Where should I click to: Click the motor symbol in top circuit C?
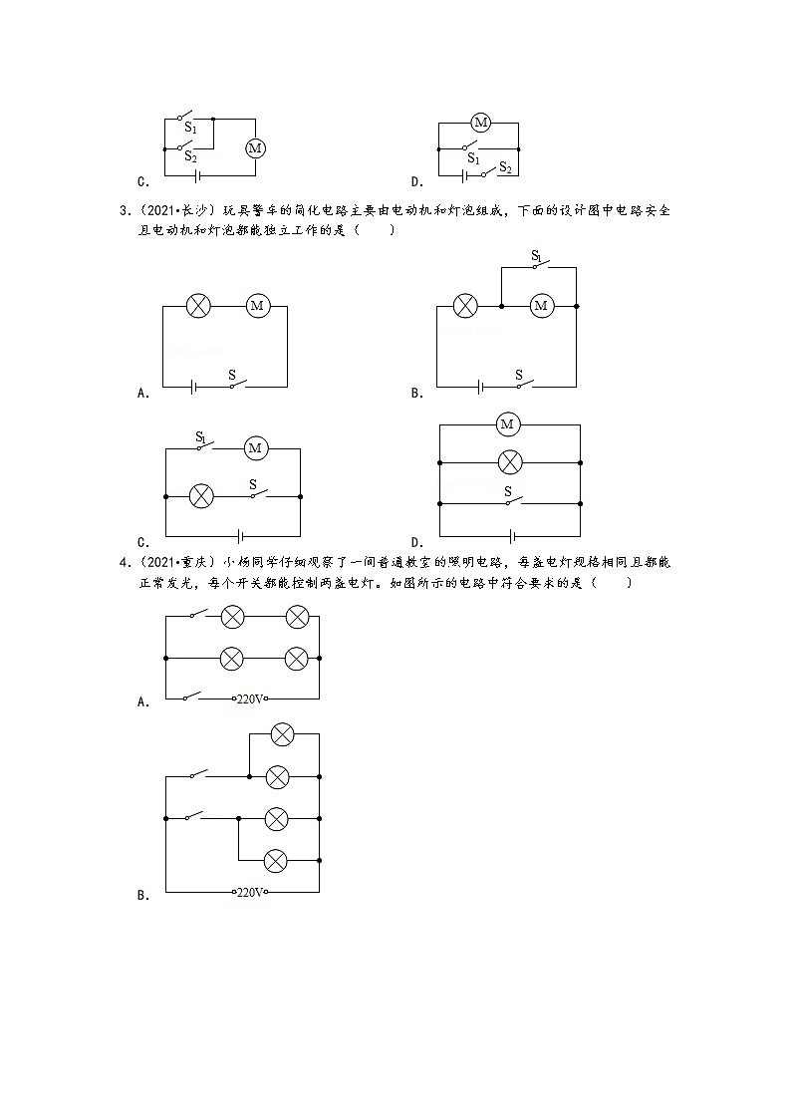pyautogui.click(x=255, y=148)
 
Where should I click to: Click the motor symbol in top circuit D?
pyautogui.click(x=481, y=123)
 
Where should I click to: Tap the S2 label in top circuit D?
pyautogui.click(x=506, y=167)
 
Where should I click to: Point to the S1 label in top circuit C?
pyautogui.click(x=191, y=129)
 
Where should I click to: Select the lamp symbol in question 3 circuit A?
pyautogui.click(x=199, y=306)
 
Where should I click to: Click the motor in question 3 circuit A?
pyautogui.click(x=257, y=306)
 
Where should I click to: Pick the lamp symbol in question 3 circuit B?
pyautogui.click(x=464, y=306)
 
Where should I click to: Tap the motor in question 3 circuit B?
pyautogui.click(x=541, y=306)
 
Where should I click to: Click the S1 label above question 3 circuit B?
pyautogui.click(x=537, y=256)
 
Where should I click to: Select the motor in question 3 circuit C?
pyautogui.click(x=255, y=448)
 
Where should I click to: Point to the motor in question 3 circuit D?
pyautogui.click(x=507, y=425)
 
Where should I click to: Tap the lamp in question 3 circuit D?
pyautogui.click(x=509, y=462)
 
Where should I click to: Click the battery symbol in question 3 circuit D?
pyautogui.click(x=510, y=535)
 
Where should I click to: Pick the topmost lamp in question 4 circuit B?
pyautogui.click(x=282, y=734)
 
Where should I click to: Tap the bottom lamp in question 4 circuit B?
pyautogui.click(x=276, y=860)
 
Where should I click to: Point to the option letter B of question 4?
pyautogui.click(x=141, y=896)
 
